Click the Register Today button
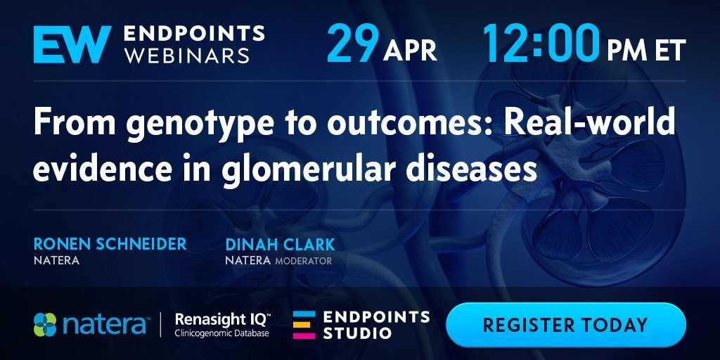(566, 325)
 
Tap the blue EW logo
(72, 44)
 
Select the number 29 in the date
(353, 43)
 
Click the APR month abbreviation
(410, 51)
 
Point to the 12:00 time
(541, 43)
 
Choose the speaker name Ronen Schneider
(110, 244)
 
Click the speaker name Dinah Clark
(280, 244)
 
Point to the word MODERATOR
(303, 261)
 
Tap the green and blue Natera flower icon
(45, 324)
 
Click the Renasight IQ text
(223, 319)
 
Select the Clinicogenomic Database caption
(221, 333)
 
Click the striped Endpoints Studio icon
(304, 325)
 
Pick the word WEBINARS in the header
(187, 55)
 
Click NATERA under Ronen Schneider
(56, 261)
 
